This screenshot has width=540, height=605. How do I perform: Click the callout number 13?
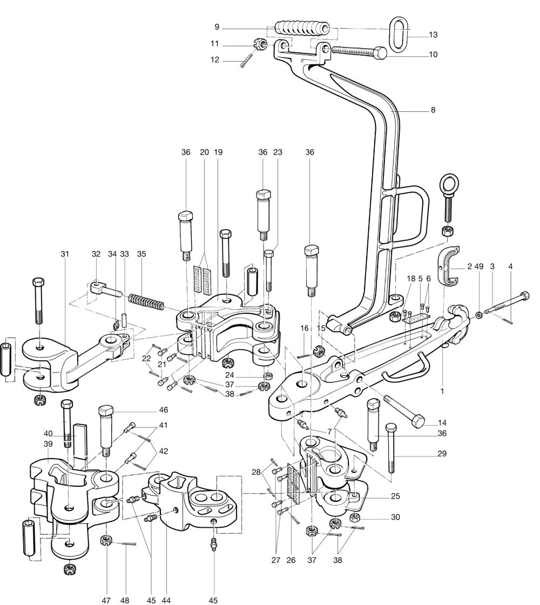(433, 35)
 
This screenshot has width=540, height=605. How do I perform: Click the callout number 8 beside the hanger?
(433, 110)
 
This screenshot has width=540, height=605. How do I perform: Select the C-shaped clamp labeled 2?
(450, 265)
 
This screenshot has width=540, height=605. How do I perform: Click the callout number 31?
(66, 253)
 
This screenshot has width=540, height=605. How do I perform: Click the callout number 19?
(219, 152)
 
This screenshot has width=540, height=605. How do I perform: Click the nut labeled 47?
(106, 540)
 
